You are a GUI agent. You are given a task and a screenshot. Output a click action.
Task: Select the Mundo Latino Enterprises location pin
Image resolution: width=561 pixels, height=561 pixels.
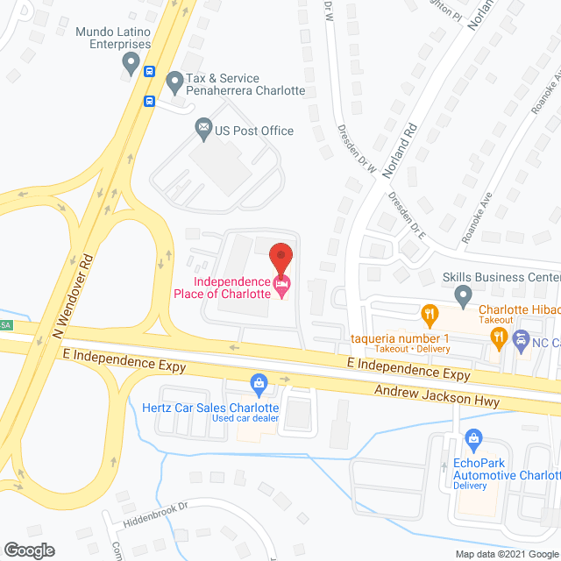[131, 62]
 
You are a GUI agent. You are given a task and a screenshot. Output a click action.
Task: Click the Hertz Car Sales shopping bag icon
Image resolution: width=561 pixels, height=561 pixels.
[259, 382]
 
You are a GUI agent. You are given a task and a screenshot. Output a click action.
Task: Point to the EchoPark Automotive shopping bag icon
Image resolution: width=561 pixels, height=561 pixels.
[473, 437]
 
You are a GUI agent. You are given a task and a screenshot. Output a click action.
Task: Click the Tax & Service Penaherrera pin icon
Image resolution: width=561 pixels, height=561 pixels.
[174, 84]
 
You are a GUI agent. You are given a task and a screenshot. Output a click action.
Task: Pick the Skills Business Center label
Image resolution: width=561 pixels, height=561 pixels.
[501, 277]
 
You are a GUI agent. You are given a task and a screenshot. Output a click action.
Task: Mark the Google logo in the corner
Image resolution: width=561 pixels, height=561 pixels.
[28, 550]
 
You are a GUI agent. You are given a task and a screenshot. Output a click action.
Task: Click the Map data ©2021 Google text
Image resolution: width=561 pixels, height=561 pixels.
[506, 553]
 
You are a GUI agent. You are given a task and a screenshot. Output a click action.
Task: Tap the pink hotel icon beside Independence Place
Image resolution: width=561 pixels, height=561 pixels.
[280, 283]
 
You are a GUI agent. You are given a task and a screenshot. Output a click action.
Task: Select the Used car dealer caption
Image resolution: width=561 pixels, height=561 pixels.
[245, 418]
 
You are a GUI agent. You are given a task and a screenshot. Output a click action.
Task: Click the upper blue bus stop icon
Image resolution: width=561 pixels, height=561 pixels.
[150, 72]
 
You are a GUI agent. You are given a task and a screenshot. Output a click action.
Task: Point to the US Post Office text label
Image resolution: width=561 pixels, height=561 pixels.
[254, 131]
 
